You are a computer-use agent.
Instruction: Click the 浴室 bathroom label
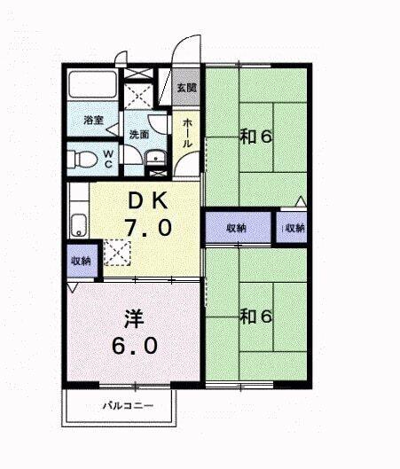pyautogui.click(x=94, y=119)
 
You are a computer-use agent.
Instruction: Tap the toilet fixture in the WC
pyautogui.click(x=84, y=159)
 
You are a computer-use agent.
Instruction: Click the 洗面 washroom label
pyautogui.click(x=138, y=135)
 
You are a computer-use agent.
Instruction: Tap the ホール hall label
pyautogui.click(x=187, y=136)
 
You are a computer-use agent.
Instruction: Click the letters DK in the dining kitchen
pyautogui.click(x=147, y=200)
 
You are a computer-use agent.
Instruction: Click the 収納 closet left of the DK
pyautogui.click(x=79, y=261)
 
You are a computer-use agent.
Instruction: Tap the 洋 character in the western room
pyautogui.click(x=134, y=317)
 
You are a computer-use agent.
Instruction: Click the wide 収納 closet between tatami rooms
pyautogui.click(x=237, y=228)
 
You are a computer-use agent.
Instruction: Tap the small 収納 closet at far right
pyautogui.click(x=294, y=228)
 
